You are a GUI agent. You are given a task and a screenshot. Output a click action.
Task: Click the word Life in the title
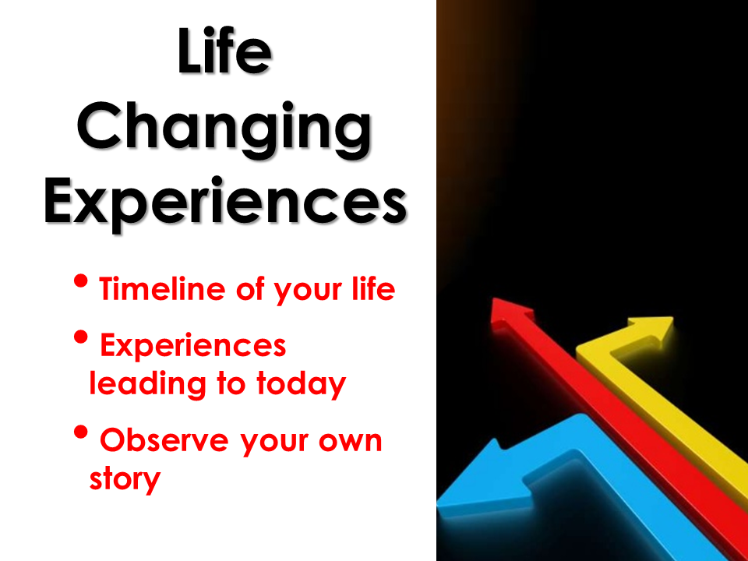coord(224,51)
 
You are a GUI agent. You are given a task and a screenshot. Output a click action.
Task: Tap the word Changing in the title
coord(224,129)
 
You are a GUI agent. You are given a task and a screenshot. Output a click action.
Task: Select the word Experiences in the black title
coord(225,203)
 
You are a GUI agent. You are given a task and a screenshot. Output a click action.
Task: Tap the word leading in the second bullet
coord(147,383)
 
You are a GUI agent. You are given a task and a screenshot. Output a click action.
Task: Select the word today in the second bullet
coord(301,383)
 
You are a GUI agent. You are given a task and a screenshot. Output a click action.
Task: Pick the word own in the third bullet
coord(351,441)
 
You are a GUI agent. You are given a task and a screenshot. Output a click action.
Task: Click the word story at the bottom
coord(125,479)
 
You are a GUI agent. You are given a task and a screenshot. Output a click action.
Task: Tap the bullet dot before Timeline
coord(81,280)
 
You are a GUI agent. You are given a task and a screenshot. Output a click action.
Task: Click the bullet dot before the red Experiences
coord(81,337)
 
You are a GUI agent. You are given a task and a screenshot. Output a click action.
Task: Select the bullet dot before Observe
coord(81,432)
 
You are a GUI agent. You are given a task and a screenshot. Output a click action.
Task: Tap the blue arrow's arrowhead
coord(482,477)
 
